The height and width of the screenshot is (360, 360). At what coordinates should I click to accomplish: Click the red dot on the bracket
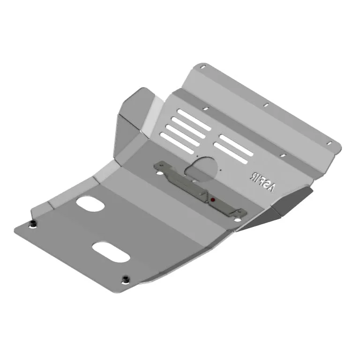pos(213,200)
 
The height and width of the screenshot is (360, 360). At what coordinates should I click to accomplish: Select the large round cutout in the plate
pos(202,169)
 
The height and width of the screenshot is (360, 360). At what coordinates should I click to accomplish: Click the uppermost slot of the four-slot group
pos(193,120)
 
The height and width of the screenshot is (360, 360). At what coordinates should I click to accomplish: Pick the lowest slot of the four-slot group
pos(177,142)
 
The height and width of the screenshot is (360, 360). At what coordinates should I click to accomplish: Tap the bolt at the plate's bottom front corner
pos(126,280)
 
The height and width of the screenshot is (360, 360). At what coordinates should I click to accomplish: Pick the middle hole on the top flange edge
pos(265,105)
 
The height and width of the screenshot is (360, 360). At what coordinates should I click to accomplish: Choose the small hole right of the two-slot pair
pos(282,155)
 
